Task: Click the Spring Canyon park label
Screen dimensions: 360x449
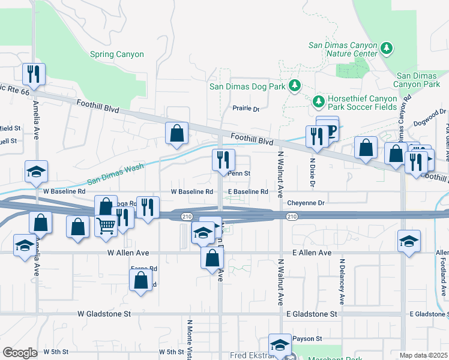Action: [117, 55]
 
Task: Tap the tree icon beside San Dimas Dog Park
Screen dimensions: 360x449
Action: [295, 86]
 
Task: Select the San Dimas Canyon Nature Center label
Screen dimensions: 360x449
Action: [343, 49]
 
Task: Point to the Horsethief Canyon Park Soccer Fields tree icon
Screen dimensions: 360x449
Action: [318, 100]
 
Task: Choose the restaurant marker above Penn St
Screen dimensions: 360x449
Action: [221, 159]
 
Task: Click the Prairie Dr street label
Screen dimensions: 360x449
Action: [246, 109]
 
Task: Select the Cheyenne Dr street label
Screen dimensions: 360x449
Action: [306, 203]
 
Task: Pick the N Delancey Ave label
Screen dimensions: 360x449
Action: [342, 281]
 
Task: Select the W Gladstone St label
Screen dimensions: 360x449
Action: [104, 314]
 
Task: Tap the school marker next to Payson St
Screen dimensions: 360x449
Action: [279, 345]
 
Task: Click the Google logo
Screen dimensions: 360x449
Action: [20, 353]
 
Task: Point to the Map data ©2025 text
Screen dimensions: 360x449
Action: [423, 355]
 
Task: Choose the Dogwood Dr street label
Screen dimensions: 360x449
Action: [430, 117]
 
